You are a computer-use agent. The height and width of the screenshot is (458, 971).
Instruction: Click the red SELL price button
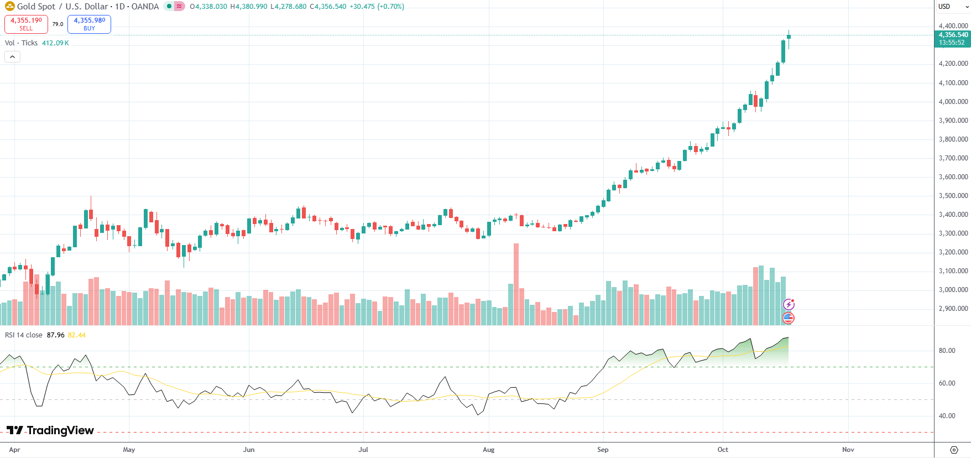tap(26, 24)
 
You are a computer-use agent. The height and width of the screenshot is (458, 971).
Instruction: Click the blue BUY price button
tap(89, 24)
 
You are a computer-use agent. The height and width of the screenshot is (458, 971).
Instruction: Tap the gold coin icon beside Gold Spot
tap(9, 7)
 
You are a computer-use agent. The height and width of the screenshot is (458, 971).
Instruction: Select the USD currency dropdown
tap(953, 7)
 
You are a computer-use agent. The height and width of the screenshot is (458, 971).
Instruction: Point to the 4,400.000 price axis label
tap(953, 26)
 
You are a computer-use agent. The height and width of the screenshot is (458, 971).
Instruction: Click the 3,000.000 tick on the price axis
tap(953, 290)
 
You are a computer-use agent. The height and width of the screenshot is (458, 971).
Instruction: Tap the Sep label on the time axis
tap(603, 450)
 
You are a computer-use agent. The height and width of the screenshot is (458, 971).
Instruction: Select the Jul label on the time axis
tap(363, 450)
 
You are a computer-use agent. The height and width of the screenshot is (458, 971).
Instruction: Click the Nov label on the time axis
tap(848, 450)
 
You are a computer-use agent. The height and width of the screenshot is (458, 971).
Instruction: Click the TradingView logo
tap(50, 430)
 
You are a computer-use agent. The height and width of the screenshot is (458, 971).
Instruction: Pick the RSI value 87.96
tap(55, 335)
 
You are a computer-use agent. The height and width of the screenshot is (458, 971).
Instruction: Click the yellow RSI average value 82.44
tap(77, 335)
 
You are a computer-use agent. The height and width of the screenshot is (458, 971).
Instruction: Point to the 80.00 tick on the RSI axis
tap(947, 351)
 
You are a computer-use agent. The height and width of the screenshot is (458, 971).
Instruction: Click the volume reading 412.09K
tap(55, 43)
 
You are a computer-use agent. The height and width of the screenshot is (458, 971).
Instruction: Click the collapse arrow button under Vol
tap(12, 56)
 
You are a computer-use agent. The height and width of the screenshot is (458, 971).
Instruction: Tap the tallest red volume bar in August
tap(516, 284)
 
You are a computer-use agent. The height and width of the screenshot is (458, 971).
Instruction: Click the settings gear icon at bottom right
tap(954, 450)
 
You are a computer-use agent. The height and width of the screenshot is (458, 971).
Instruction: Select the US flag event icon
tap(789, 318)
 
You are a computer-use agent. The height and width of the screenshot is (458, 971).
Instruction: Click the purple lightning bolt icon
tap(789, 304)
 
